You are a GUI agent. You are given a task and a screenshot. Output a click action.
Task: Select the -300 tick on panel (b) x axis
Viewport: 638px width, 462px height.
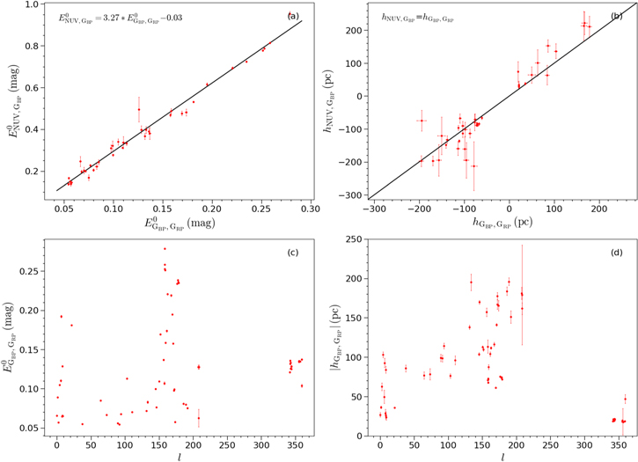374,211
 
